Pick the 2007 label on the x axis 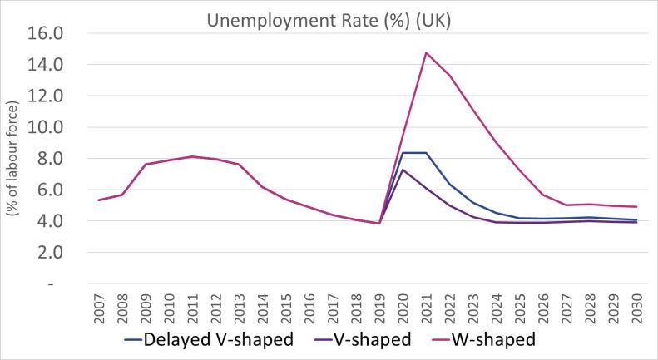(99, 310)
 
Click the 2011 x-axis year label (193, 310)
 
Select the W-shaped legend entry (489, 339)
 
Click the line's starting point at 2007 (99, 200)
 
